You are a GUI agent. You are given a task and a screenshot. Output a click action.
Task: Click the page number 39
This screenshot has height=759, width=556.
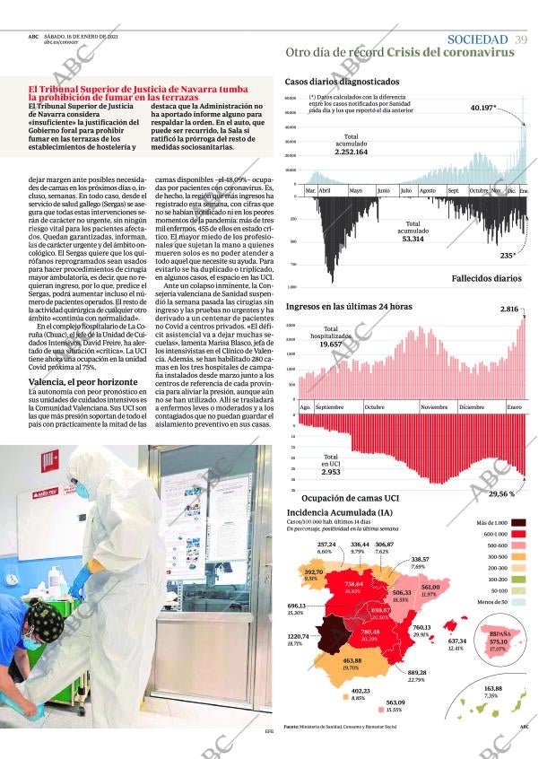pos(521,39)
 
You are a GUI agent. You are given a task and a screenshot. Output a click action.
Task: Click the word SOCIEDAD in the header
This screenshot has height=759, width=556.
pos(476,39)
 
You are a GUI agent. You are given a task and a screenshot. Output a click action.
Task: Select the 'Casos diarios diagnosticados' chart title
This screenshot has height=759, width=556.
pos(342,81)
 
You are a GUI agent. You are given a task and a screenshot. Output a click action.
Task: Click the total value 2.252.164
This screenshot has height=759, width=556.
pos(352,153)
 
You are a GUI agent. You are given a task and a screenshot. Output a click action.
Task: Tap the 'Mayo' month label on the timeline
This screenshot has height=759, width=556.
pos(355,191)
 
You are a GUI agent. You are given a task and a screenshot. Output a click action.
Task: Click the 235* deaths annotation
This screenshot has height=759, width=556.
pos(508,256)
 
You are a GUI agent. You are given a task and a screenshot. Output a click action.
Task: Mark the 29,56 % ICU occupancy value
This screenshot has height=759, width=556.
pos(501,493)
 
